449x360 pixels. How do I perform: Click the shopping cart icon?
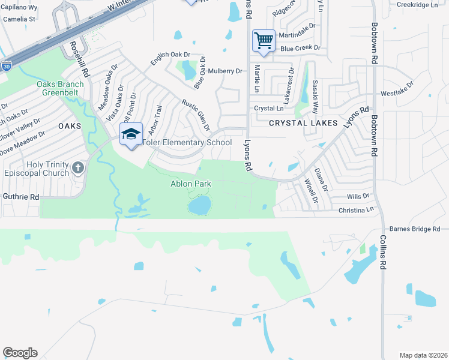click(264, 41)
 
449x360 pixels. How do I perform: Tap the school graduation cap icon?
click(130, 134)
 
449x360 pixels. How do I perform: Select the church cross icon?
click(78, 167)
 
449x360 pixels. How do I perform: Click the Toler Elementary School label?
click(186, 143)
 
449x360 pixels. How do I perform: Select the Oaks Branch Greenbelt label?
click(60, 88)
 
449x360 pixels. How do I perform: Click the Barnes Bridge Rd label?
click(415, 229)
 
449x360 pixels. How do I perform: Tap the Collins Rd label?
click(382, 253)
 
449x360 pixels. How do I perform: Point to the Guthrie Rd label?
click(20, 196)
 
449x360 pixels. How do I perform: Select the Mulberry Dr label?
click(226, 71)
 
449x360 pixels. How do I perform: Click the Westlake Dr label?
click(397, 94)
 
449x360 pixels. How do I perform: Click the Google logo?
click(20, 353)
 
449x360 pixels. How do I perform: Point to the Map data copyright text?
click(423, 355)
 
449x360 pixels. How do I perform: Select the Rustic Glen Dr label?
click(196, 115)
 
